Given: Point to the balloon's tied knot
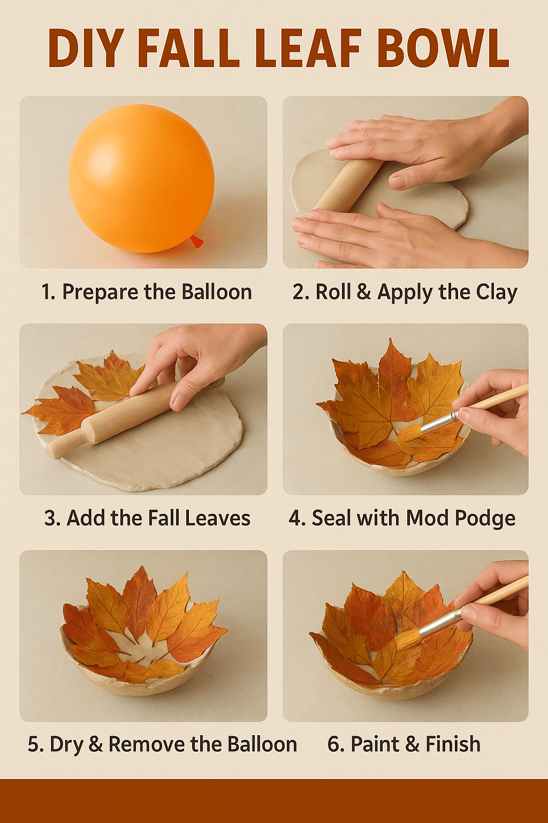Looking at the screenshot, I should pos(196,242).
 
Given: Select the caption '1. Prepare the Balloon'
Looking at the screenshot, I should pos(146,292).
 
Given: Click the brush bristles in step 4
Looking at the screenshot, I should pos(409,432).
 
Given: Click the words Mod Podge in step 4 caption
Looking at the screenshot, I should pos(460,519).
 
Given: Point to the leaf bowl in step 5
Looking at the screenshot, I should pos(142,638).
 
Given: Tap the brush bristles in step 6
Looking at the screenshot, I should pos(407,639).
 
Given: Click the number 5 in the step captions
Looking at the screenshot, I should pos(33,745).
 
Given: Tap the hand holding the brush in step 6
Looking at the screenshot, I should pos(495,605).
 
